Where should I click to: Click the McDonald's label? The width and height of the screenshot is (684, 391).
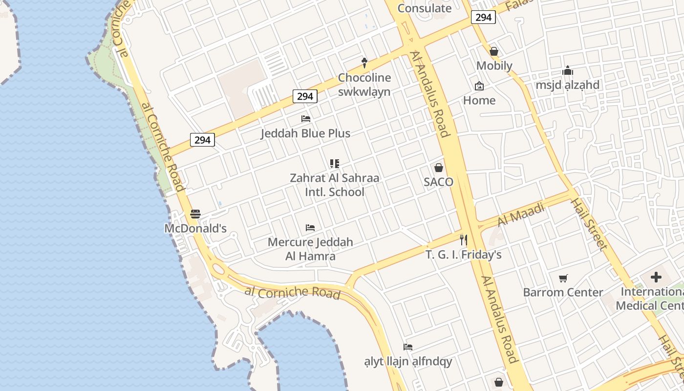[195, 228]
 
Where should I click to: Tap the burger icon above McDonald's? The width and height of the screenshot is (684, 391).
[195, 214]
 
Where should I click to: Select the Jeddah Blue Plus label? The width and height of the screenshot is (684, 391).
[305, 133]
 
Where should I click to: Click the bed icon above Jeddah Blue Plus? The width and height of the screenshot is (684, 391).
[306, 119]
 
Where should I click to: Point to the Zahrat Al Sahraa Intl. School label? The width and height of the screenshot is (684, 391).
[334, 185]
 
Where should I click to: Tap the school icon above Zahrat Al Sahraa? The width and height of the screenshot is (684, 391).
[334, 163]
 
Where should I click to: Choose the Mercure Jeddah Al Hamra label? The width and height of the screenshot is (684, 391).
[310, 249]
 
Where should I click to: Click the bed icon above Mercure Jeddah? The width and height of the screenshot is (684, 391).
[310, 228]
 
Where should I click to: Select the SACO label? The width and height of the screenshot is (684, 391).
[438, 182]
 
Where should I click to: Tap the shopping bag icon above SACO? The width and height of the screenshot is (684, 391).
[439, 168]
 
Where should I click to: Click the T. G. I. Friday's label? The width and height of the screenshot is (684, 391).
[463, 255]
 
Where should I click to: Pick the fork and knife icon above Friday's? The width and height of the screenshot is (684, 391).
[463, 240]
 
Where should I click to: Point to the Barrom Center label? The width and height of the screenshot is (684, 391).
[563, 292]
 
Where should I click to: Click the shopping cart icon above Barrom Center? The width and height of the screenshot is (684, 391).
[563, 278]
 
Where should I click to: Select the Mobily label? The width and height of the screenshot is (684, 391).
[494, 65]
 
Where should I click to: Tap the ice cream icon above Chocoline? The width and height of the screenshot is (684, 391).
[364, 63]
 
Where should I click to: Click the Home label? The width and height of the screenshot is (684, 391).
[479, 100]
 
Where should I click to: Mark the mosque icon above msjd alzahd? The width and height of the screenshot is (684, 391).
[567, 70]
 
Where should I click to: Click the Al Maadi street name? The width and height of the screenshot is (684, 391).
[521, 215]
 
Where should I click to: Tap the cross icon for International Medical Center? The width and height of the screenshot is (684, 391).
[656, 278]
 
